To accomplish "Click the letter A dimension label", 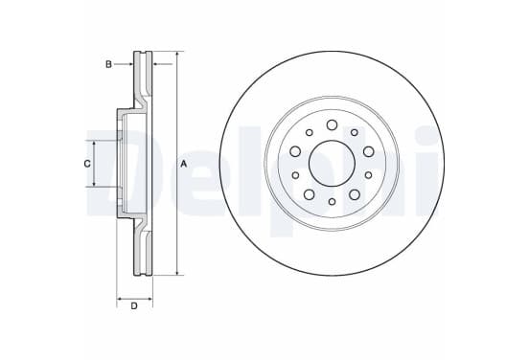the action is (x=184, y=164).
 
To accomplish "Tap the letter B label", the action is (x=108, y=64).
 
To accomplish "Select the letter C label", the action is (x=87, y=164).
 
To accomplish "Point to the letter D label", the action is (x=134, y=306).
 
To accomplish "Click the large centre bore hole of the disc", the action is (x=332, y=164).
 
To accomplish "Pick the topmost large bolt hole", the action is (x=332, y=124).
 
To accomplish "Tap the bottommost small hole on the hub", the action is (x=332, y=202).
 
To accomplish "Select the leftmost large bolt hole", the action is (x=295, y=151).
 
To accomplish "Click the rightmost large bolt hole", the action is (x=368, y=151).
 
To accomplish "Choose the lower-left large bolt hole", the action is (x=309, y=194).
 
